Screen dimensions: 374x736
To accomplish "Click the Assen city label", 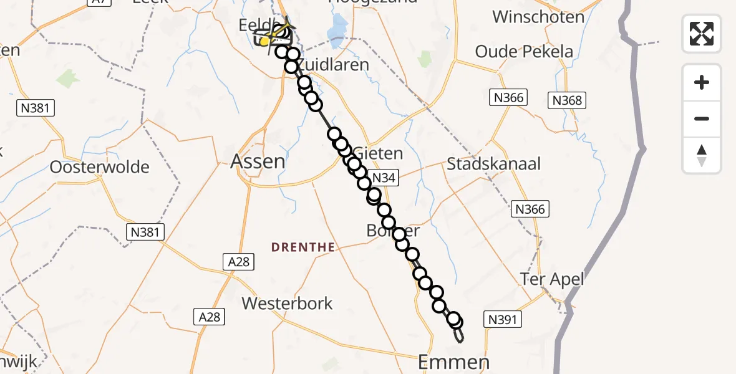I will click(x=258, y=162).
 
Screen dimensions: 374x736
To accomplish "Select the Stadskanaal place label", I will click(x=493, y=165).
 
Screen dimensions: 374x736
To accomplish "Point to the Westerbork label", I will click(x=287, y=304).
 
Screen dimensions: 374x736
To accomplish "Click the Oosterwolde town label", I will click(x=100, y=167).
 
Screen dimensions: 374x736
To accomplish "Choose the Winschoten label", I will click(x=538, y=17).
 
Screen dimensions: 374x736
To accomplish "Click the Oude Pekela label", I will click(x=524, y=52).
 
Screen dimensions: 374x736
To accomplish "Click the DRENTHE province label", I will click(x=303, y=247).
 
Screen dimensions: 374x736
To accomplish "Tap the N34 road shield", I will click(x=383, y=178).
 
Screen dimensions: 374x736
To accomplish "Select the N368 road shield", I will click(x=566, y=100).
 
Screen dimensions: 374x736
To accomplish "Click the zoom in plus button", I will click(x=702, y=83).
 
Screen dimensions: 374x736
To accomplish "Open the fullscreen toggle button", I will click(x=702, y=33).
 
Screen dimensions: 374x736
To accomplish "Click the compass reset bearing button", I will click(x=702, y=155).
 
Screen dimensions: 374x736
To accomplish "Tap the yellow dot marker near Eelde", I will click(x=264, y=42).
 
